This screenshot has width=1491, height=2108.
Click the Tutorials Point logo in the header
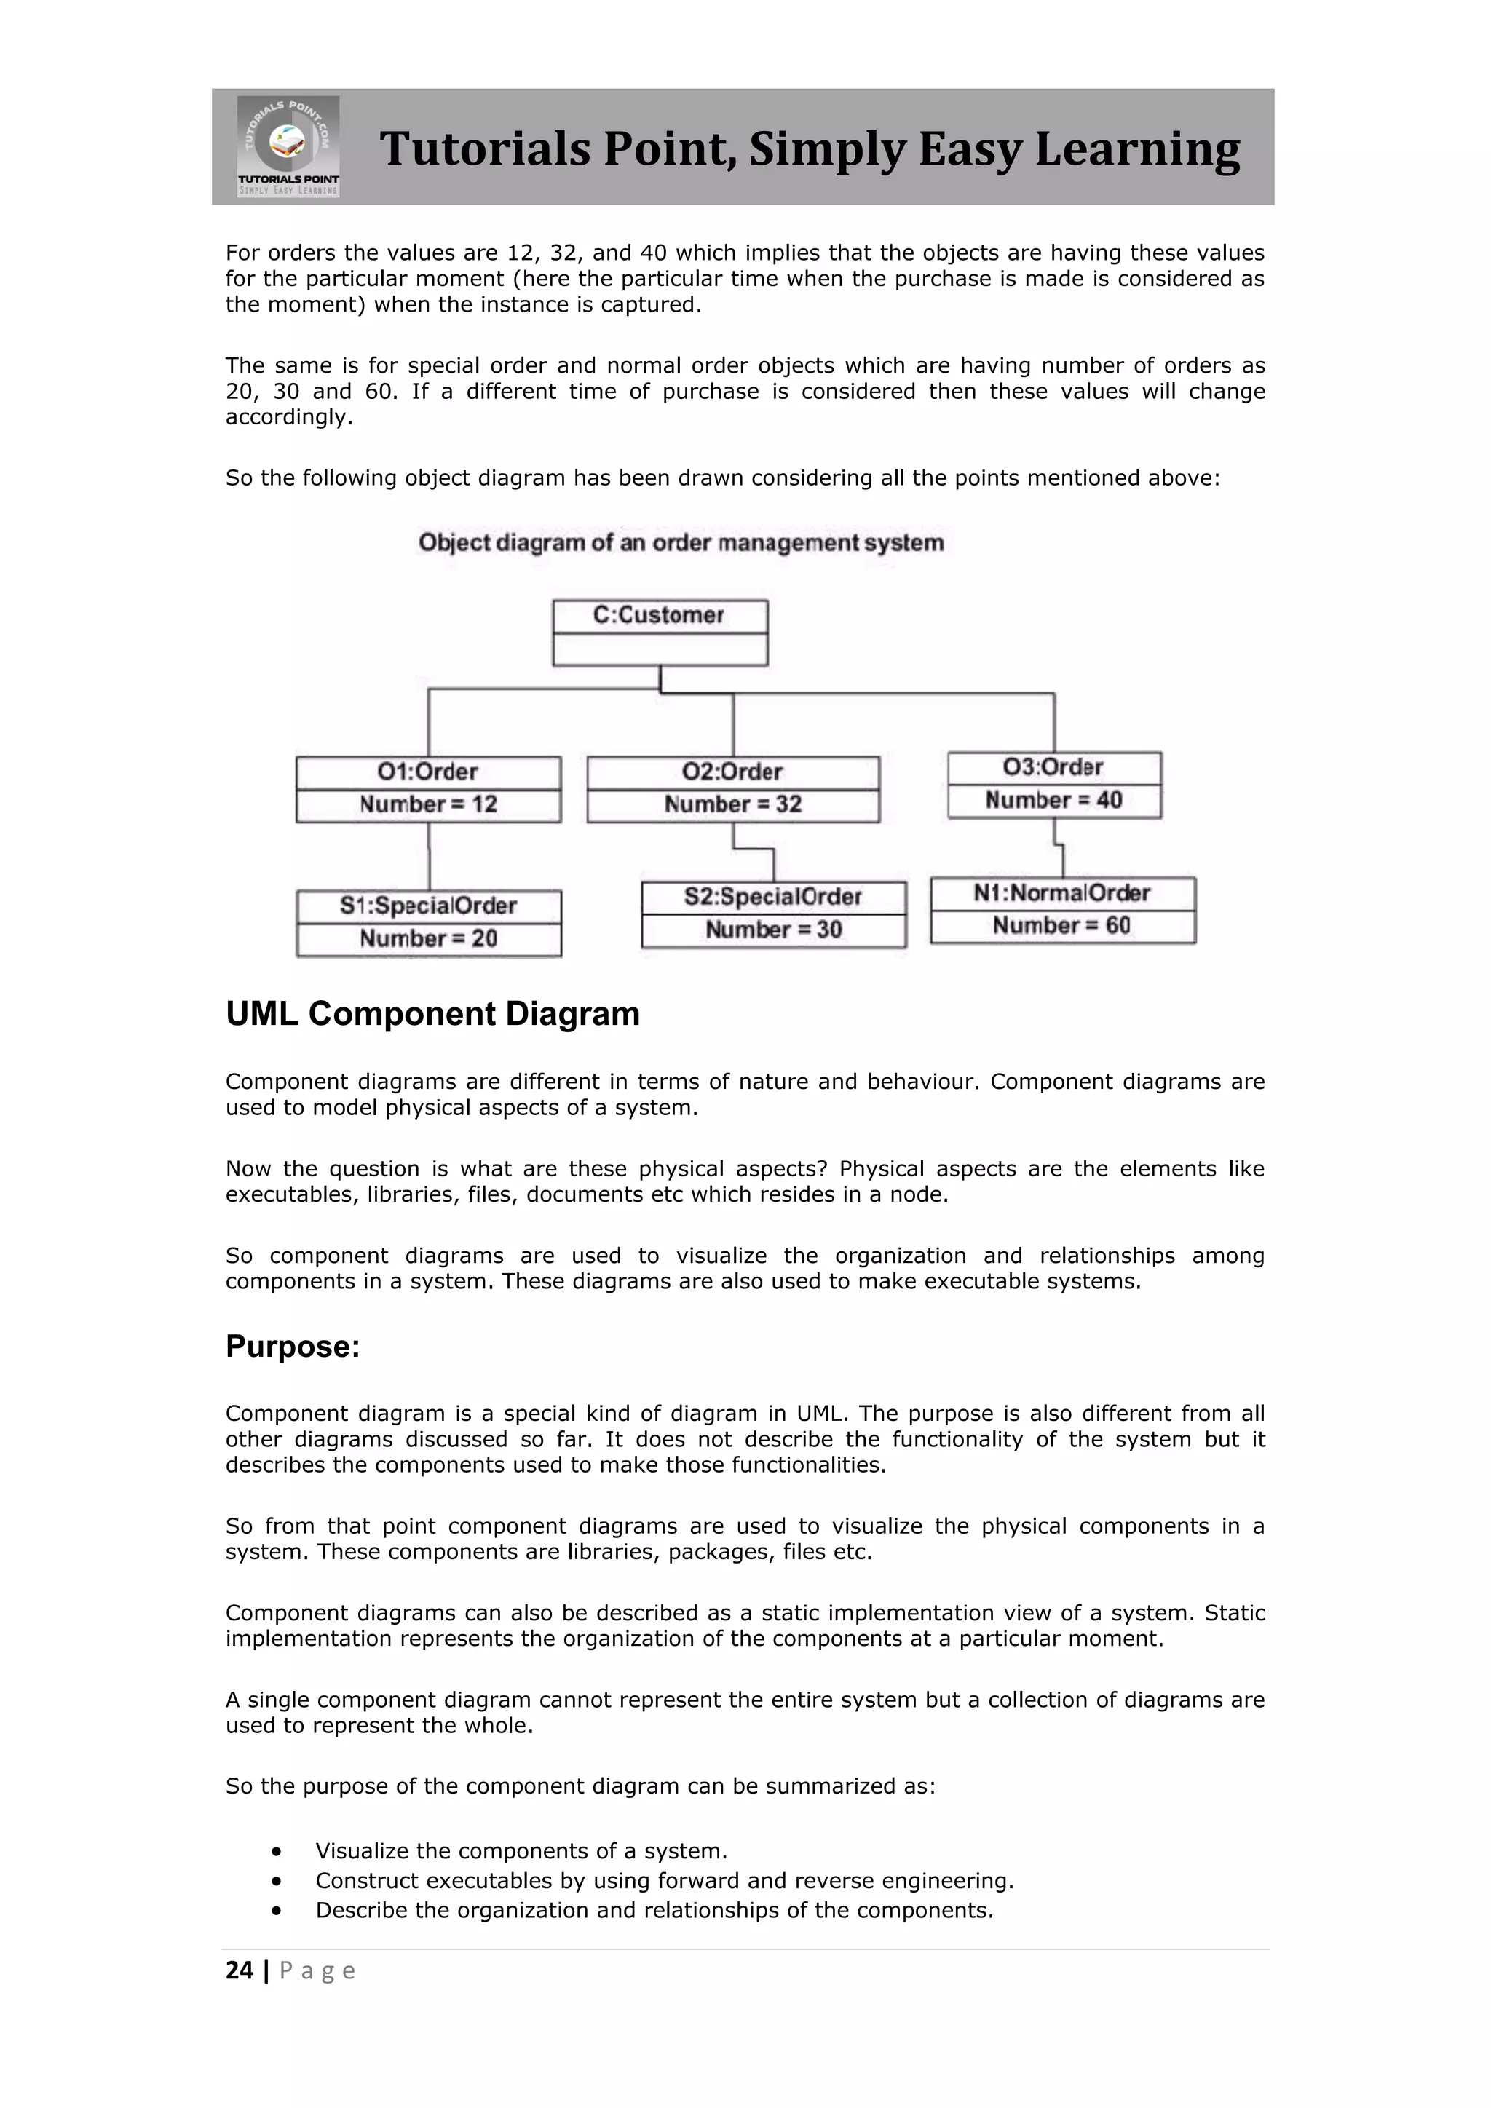288,146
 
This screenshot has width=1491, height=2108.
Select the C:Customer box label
658,615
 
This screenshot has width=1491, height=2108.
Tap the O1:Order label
428,772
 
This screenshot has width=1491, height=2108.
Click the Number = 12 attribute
428,805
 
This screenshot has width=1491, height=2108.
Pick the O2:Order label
732,772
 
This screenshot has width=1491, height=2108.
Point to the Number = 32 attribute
732,805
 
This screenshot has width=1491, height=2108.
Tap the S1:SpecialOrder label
428,906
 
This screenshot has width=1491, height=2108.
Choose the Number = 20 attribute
428,939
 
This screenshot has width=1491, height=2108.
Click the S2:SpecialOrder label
772,897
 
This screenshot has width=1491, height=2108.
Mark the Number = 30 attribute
773,930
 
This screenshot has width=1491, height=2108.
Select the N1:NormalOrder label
1061,893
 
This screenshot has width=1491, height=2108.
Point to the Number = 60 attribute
1061,925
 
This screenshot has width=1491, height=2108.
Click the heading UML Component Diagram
432,1014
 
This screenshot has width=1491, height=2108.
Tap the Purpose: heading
293,1346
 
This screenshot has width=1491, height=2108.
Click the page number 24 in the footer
239,1970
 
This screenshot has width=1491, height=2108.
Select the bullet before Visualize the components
277,1851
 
